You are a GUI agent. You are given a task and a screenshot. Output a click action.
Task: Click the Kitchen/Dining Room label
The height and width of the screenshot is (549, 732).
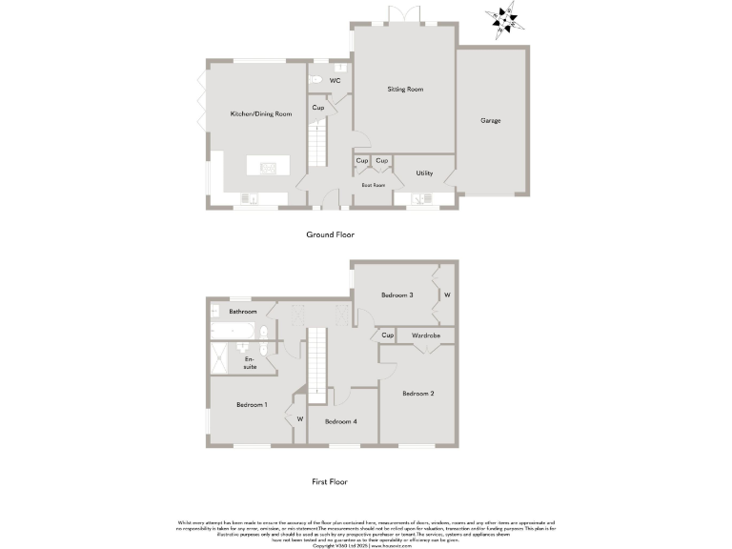tap(260, 113)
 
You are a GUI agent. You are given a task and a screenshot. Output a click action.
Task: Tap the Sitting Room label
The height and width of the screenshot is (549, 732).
tap(405, 90)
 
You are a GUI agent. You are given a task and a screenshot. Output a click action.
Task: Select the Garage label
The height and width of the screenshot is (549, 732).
tap(490, 121)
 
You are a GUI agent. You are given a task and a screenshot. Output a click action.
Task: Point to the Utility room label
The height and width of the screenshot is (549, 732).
tap(424, 173)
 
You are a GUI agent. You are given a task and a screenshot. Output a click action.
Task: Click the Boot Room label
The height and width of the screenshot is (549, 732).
tap(374, 185)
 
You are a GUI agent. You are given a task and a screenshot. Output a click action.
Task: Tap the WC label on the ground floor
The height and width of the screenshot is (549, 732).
tap(335, 81)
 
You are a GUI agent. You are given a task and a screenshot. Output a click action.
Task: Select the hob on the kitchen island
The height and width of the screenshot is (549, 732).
tap(266, 168)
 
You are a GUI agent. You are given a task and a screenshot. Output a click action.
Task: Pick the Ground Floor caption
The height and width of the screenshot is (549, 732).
tap(330, 234)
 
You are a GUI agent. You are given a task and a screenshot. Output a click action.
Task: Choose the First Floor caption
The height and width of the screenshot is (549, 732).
tap(331, 482)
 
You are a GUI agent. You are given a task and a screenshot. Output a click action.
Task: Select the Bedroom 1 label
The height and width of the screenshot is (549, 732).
tap(252, 405)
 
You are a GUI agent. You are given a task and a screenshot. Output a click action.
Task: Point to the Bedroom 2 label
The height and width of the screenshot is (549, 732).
tap(417, 394)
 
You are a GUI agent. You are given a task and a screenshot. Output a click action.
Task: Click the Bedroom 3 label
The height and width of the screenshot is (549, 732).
tap(396, 295)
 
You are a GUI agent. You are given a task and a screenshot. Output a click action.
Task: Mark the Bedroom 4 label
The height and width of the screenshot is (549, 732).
tap(340, 421)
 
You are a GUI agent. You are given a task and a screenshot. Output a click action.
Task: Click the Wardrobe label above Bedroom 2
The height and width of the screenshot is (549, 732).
tap(425, 335)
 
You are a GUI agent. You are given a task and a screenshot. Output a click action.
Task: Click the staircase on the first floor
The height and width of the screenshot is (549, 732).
tap(317, 357)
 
